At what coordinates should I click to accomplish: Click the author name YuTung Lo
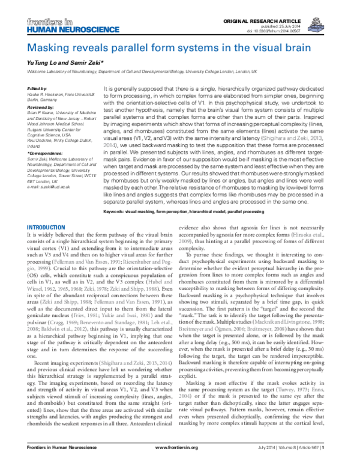coord(43,63)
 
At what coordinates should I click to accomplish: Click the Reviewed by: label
coord(42,106)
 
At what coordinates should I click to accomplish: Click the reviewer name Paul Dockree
coord(43,139)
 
